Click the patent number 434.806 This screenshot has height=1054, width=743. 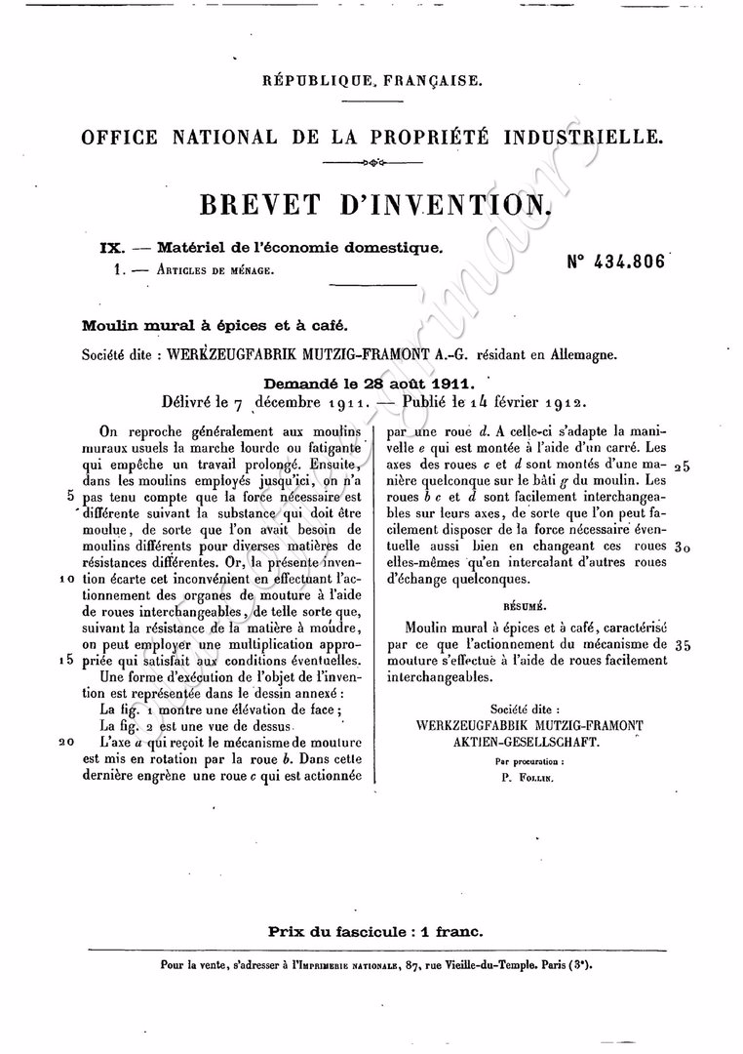click(616, 262)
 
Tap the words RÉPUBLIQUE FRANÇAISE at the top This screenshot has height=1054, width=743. click(371, 81)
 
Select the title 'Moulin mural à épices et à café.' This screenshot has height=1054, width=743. click(215, 326)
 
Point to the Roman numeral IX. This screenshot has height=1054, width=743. click(111, 248)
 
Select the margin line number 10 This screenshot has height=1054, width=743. click(67, 578)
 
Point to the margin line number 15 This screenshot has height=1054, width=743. click(67, 660)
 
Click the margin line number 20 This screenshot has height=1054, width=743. click(66, 742)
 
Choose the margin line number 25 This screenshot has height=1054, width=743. click(681, 466)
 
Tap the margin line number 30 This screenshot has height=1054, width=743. click(681, 548)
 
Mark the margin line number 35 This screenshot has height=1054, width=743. click(681, 645)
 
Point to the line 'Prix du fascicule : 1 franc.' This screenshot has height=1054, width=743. click(375, 931)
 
